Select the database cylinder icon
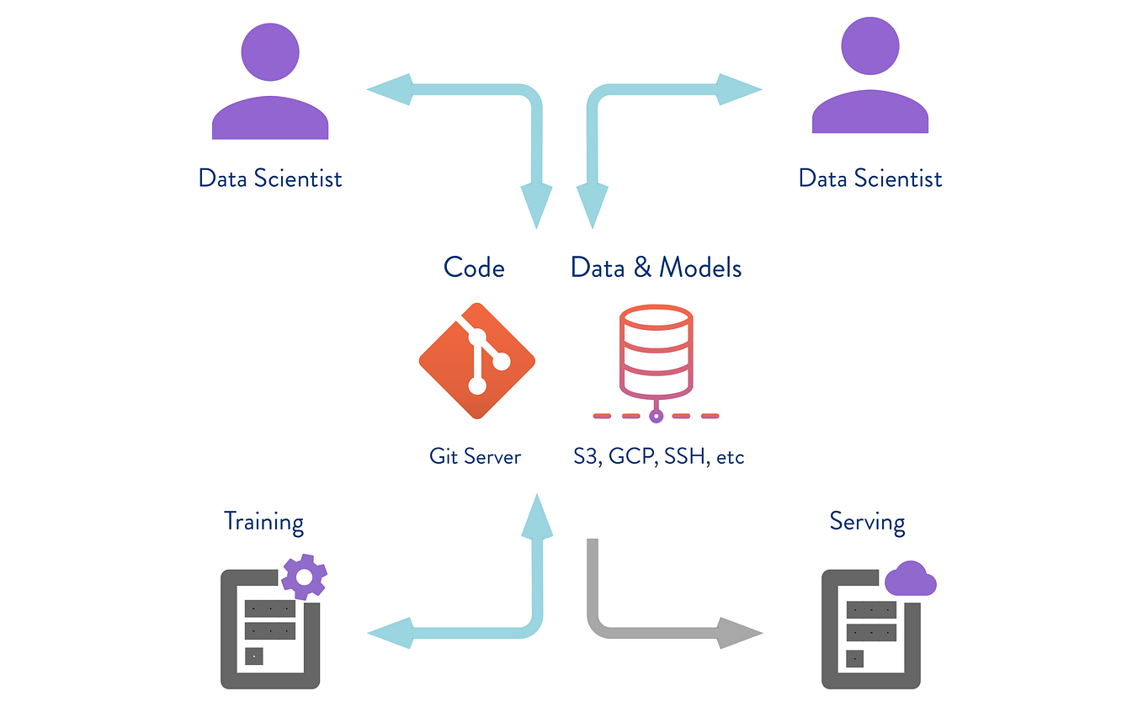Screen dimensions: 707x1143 click(x=656, y=352)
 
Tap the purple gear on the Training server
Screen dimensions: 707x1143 click(x=304, y=577)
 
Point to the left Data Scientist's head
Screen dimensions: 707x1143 click(x=269, y=50)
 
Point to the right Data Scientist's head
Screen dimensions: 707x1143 click(x=869, y=46)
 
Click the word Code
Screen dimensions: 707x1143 click(x=474, y=268)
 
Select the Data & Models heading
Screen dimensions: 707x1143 click(x=656, y=268)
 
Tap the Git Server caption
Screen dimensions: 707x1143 click(x=475, y=457)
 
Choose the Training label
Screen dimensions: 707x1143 click(x=263, y=521)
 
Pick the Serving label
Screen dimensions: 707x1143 click(x=867, y=521)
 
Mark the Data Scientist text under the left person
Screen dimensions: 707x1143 click(x=269, y=178)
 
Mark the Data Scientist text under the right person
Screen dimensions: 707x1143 click(x=869, y=178)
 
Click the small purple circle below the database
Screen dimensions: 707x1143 click(x=657, y=416)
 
